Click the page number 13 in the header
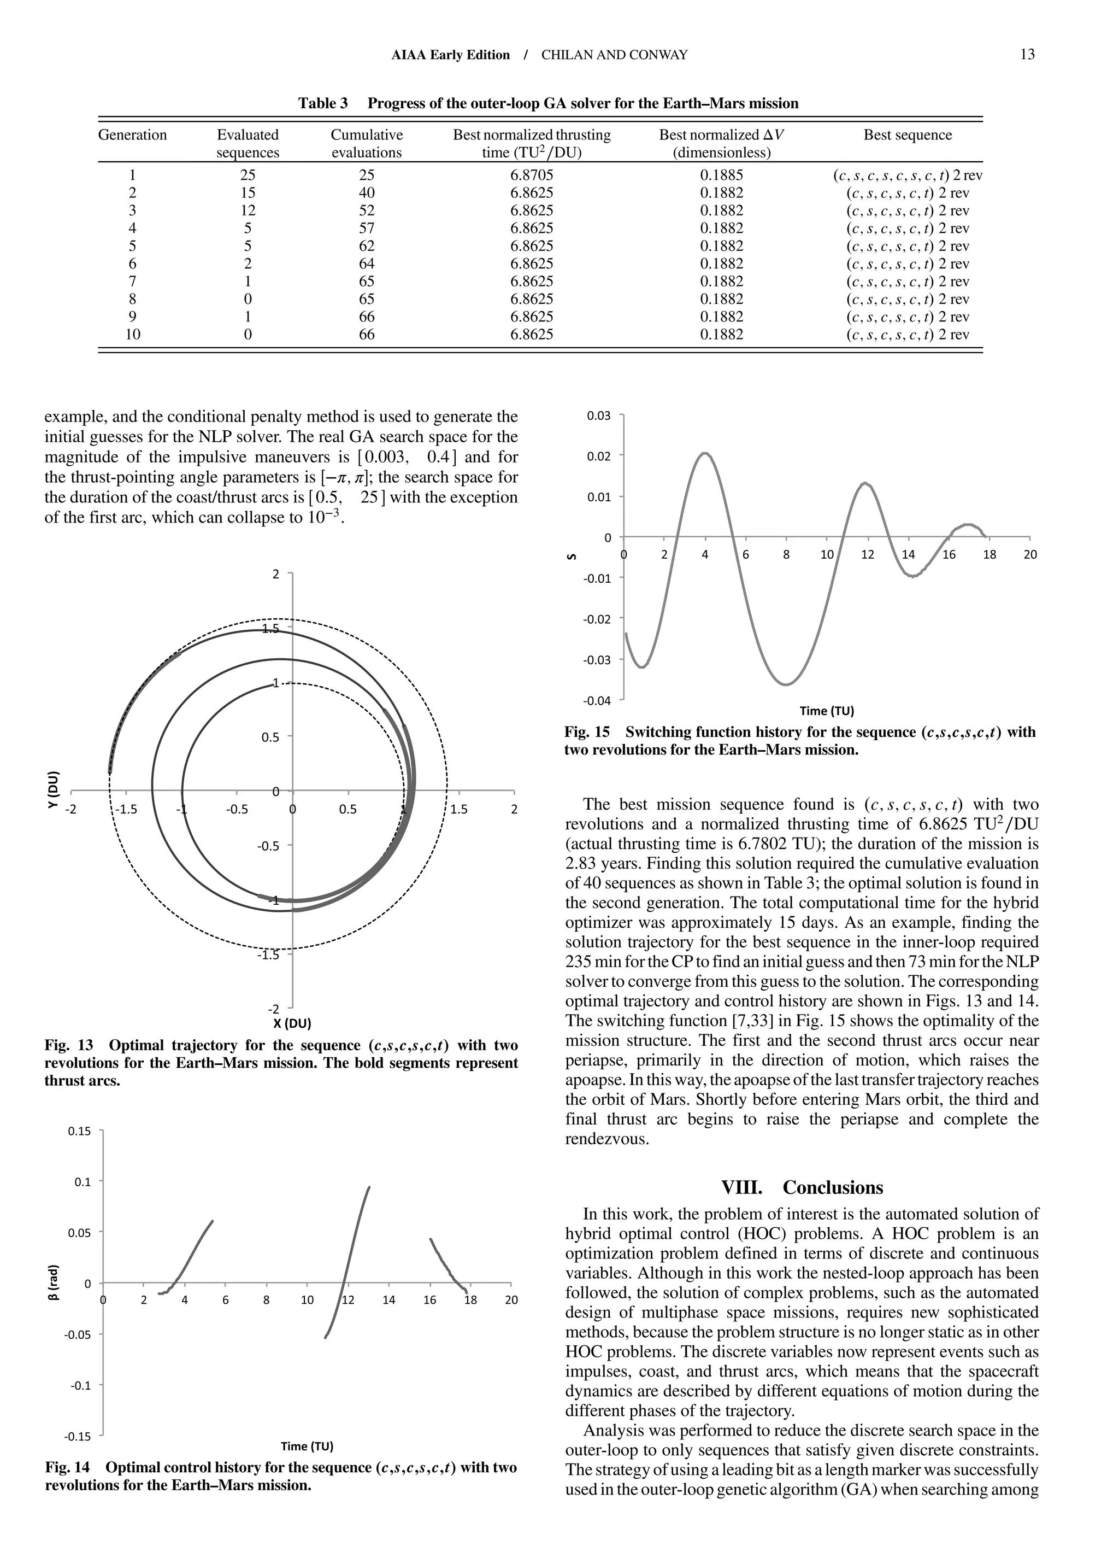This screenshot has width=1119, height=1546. click(1027, 55)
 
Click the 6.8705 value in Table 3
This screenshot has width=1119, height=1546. click(532, 175)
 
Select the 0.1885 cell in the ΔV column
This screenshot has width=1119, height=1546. click(722, 175)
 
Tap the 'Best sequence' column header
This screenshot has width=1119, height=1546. click(907, 135)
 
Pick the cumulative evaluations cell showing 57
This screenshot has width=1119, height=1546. click(367, 229)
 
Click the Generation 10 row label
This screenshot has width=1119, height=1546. click(132, 335)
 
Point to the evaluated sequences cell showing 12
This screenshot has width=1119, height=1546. click(248, 210)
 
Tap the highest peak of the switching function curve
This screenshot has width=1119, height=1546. click(705, 453)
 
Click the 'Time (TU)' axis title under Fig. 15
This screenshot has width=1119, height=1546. click(826, 711)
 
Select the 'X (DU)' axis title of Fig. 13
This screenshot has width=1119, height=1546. click(292, 1023)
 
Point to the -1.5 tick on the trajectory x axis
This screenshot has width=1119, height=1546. click(127, 809)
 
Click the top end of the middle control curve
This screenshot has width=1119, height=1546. click(369, 1187)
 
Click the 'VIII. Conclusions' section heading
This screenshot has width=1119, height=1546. click(802, 1187)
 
